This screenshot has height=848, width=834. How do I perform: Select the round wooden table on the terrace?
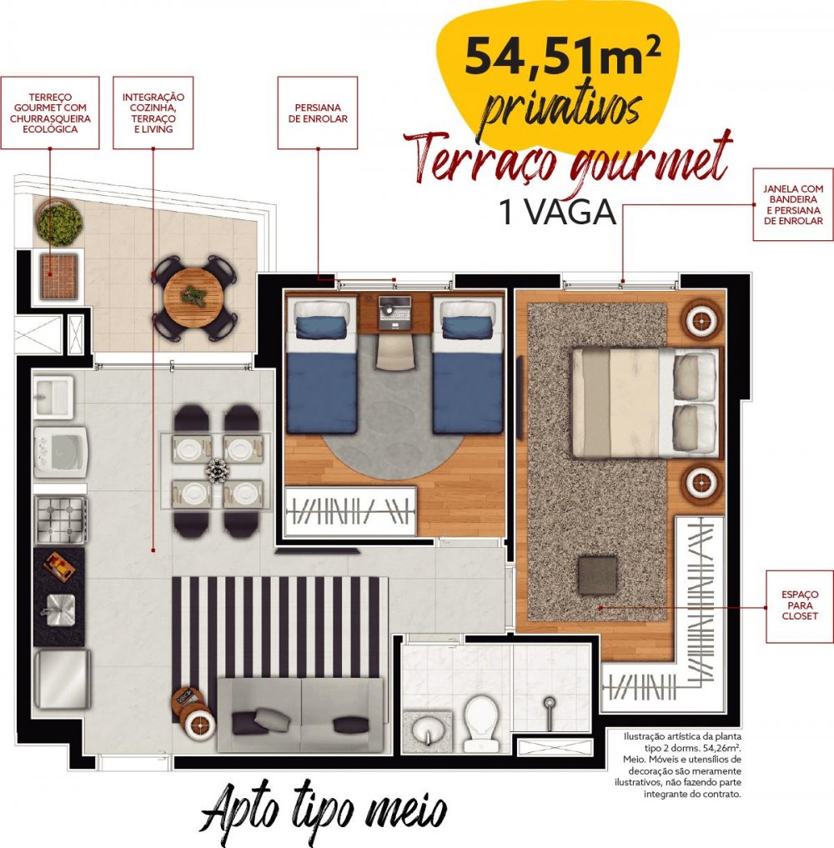click(193, 296)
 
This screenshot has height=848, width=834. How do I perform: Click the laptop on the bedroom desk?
click(394, 313)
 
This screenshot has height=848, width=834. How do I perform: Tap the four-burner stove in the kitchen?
click(61, 519)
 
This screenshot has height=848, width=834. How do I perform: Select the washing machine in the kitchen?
click(61, 452)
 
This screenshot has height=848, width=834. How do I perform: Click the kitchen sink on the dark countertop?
click(60, 610)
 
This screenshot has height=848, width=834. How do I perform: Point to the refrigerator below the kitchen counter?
click(62, 679)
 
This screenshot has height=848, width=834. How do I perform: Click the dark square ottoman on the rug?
click(597, 575)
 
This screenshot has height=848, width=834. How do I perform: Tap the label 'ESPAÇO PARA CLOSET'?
click(799, 605)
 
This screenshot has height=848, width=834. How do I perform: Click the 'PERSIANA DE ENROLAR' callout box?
click(318, 113)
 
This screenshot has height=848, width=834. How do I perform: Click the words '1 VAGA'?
click(558, 213)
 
